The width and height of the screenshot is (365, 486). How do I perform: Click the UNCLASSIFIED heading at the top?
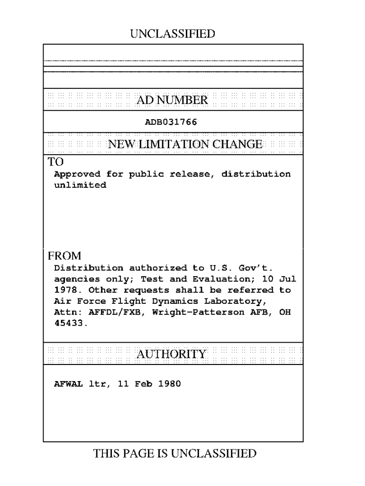click(172, 34)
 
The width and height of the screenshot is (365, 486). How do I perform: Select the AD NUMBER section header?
click(172, 100)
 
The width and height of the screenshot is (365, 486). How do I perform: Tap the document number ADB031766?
click(171, 122)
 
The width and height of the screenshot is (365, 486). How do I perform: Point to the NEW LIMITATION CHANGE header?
click(185, 144)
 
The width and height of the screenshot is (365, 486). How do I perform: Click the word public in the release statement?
click(143, 174)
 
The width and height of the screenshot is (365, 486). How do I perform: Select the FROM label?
click(64, 256)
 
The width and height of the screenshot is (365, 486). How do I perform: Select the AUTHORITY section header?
click(172, 354)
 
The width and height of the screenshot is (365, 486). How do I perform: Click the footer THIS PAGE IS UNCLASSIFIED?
click(175, 454)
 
